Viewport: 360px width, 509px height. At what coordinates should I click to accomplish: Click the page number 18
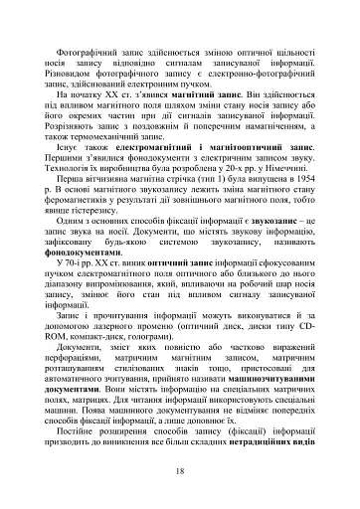click(x=180, y=470)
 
